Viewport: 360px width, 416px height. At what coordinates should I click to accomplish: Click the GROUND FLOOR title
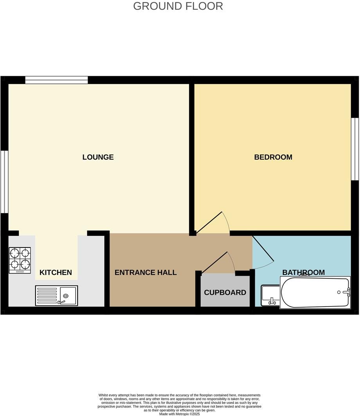coord(178,6)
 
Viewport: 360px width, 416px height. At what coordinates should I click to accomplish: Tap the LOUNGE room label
coord(98,157)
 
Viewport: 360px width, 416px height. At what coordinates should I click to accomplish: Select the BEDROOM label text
coord(273,157)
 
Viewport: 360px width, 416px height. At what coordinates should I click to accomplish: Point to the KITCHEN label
coord(56,273)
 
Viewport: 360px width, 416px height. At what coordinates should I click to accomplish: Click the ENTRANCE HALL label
coord(146,273)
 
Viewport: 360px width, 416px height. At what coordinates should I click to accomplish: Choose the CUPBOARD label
coord(225,292)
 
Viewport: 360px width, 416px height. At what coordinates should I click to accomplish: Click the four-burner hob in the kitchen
coord(20,260)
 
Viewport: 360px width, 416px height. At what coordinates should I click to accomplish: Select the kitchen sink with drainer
coord(56,296)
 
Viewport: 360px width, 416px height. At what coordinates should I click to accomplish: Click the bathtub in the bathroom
coord(315,292)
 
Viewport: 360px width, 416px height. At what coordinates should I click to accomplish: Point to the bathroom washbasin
coord(270,296)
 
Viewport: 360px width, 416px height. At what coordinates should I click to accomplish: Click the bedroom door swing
coord(213,224)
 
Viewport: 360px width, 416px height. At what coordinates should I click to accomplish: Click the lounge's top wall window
coord(56,80)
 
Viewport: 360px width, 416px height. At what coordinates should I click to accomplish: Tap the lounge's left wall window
coord(4,182)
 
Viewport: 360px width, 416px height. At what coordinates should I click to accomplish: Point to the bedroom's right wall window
coord(355,149)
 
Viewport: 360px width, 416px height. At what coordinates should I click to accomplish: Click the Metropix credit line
coord(179,414)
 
